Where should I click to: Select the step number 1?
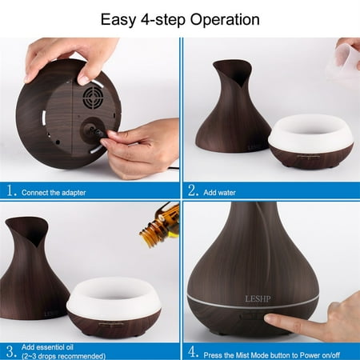[x=10, y=190]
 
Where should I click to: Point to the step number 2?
[x=193, y=190]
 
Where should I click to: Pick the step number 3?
[x=10, y=350]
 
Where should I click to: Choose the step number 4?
[x=193, y=350]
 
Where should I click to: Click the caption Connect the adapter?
[x=56, y=192]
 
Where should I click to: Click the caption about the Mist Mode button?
[x=277, y=350]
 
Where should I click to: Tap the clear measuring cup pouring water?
[x=346, y=61]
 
